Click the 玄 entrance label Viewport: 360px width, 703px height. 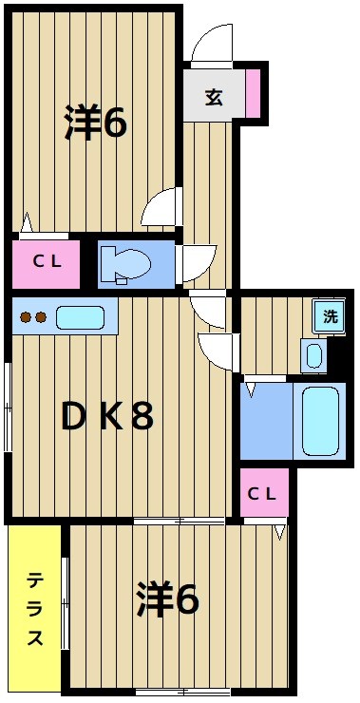pos(214,97)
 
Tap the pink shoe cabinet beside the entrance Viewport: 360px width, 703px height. pos(253,93)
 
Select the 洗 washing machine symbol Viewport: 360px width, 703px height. pos(330,317)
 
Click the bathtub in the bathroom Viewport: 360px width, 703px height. pos(318,419)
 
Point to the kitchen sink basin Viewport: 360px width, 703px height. pos(79,317)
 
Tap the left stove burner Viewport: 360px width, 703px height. pos(27,318)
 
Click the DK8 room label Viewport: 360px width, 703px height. pos(106,416)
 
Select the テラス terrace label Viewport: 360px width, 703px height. pos(35,608)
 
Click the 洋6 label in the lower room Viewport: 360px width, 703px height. pos(167,598)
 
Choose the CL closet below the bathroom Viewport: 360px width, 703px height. pos(262,492)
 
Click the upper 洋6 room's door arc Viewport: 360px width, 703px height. pos(164,206)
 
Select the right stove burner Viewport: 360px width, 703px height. pos(42,318)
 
